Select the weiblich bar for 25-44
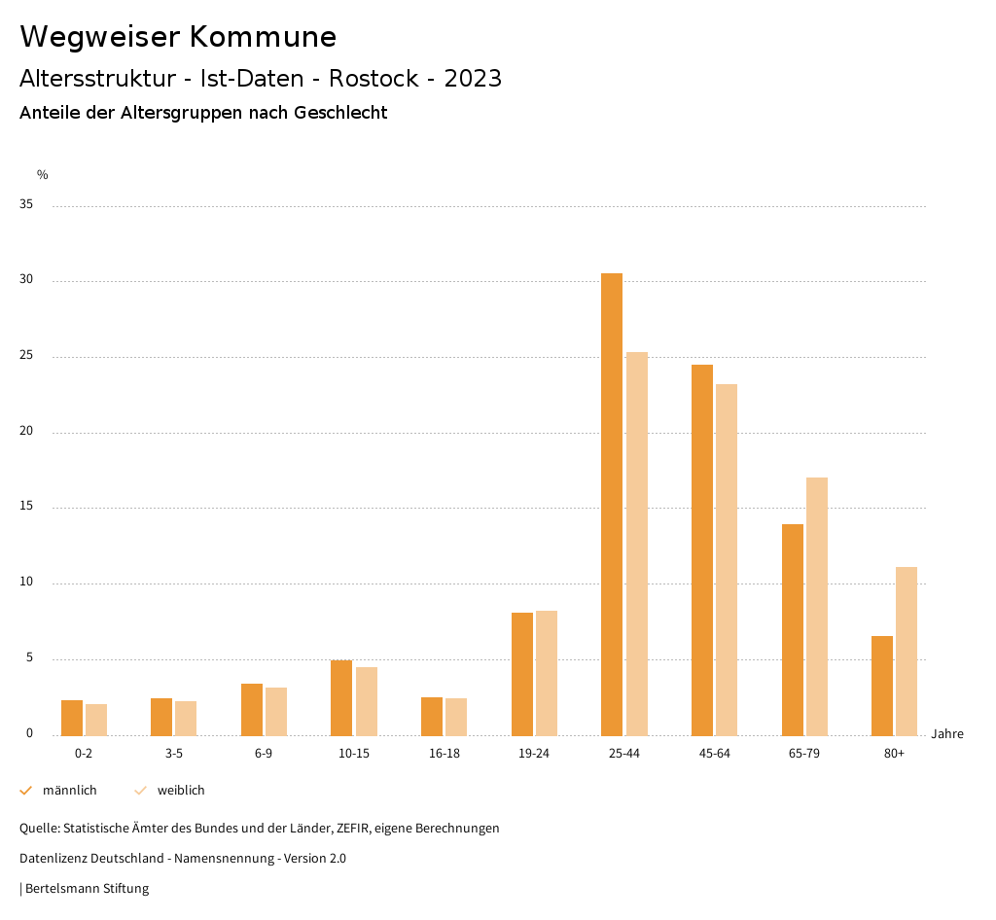click(x=637, y=544)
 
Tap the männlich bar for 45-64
click(x=702, y=549)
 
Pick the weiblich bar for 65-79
click(x=817, y=606)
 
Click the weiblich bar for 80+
click(x=907, y=651)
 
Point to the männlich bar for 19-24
click(x=522, y=673)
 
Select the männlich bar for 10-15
click(x=341, y=697)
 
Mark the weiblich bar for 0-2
click(x=96, y=719)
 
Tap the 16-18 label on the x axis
click(x=445, y=754)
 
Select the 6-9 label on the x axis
click(x=264, y=754)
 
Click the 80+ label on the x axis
click(x=895, y=754)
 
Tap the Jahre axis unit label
click(x=947, y=734)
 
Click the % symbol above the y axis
click(x=43, y=175)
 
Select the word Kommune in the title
click(x=264, y=37)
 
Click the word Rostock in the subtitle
click(x=373, y=79)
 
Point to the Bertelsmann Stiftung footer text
click(x=87, y=889)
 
